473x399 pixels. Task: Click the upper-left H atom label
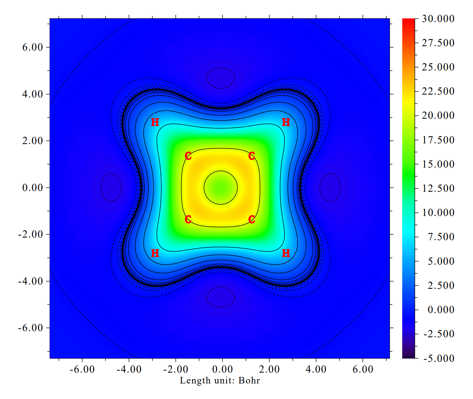click(155, 122)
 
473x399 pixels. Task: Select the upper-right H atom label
click(286, 122)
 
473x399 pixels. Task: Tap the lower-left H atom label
click(155, 253)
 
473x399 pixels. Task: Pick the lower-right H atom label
click(286, 253)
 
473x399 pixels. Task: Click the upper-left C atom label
click(188, 156)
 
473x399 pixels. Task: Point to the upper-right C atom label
click(252, 156)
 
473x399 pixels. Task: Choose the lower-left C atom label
click(188, 220)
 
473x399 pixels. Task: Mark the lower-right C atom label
click(252, 220)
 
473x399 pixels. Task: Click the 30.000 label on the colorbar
click(438, 19)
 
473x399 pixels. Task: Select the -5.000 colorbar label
click(438, 358)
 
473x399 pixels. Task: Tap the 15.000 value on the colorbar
click(438, 164)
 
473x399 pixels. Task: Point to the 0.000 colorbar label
click(441, 310)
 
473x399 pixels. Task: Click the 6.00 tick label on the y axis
click(32, 47)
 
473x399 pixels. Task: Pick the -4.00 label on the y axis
click(30, 281)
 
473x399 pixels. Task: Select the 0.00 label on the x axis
click(222, 369)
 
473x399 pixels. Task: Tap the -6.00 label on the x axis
click(82, 369)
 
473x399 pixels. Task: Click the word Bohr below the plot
click(249, 381)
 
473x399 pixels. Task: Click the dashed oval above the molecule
click(221, 78)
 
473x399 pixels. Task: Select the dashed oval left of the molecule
click(111, 187)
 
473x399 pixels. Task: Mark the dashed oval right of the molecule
click(330, 187)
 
